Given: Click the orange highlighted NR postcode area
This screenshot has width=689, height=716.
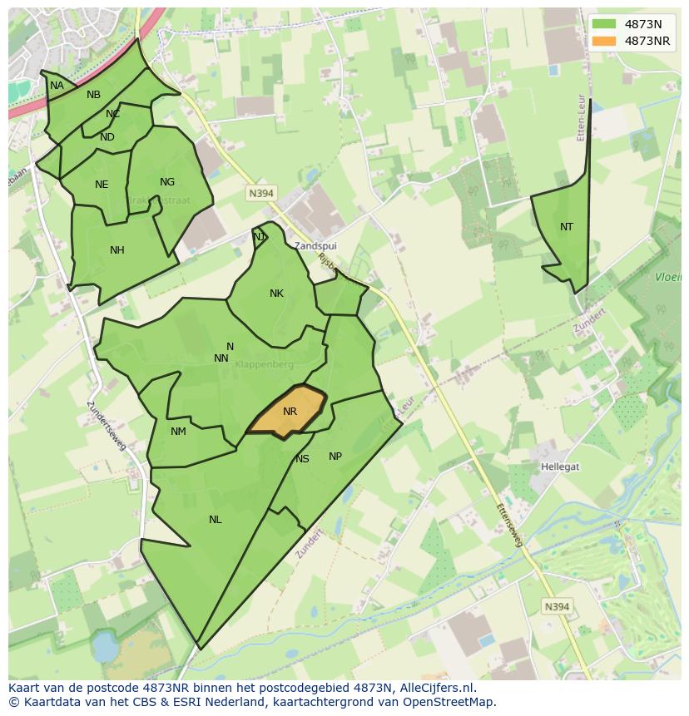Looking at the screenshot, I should point(288,412).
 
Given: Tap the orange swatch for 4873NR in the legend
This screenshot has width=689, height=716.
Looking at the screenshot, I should point(606,41).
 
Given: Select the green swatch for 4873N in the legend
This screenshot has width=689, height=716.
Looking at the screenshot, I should point(606,25).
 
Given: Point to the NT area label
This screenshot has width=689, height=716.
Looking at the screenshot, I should point(567,226).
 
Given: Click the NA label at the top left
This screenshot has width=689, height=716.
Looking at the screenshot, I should point(57,86).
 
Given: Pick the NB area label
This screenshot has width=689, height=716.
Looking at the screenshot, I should point(93,95).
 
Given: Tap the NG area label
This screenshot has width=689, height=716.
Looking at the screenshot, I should point(167,182).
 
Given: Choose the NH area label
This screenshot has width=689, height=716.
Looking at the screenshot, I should point(116,249).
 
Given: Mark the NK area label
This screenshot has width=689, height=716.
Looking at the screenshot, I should point(276,294).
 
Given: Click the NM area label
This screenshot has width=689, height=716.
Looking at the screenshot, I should point(178,431).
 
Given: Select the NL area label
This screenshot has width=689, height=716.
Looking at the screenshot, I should point(215,520).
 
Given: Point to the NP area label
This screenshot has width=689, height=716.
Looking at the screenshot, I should point(335,456).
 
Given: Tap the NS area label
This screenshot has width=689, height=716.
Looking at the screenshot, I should point(302,459).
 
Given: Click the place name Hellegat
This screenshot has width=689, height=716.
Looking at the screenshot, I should point(559,467).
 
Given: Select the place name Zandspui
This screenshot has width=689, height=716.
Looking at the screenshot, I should point(315,246).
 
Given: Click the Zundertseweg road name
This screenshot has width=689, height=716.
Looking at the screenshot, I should point(107,427).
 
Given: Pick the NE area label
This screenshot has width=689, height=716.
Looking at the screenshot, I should point(102,185).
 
